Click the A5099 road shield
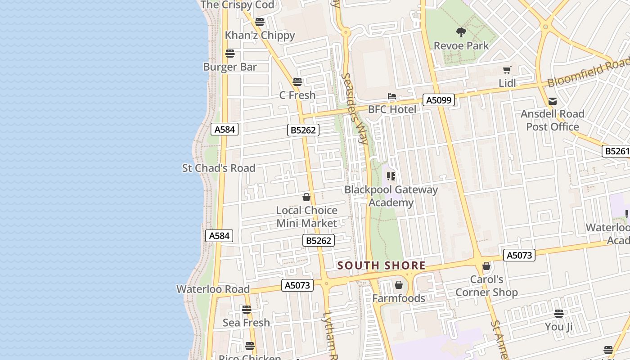439,100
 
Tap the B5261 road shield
616,151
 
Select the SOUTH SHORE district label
381,265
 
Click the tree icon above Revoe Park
461,32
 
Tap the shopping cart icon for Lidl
507,70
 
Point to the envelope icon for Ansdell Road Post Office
553,101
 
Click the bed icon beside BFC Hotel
392,96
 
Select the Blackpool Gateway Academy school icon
391,176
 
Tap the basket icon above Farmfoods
398,285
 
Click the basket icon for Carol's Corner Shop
486,266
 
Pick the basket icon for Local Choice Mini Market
306,197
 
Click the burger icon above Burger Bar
230,54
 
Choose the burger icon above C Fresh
297,82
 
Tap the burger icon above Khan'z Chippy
259,22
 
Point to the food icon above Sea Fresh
246,310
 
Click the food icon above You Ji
559,313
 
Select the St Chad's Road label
219,168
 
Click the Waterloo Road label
213,289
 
